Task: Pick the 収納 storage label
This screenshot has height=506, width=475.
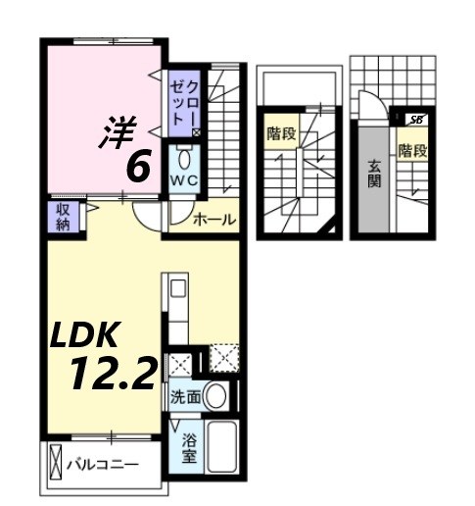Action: pos(60,218)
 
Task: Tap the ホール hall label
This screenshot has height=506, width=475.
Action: pos(214,220)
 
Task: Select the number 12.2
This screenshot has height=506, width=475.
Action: pos(113,374)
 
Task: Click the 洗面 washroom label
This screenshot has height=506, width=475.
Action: pos(185,397)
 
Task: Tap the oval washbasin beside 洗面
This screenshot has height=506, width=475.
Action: pos(217,397)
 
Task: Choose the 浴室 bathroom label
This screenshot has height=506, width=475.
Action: pos(187,448)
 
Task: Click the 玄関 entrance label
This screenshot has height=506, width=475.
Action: pos(376,174)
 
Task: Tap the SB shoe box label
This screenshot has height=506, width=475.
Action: pos(416,120)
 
